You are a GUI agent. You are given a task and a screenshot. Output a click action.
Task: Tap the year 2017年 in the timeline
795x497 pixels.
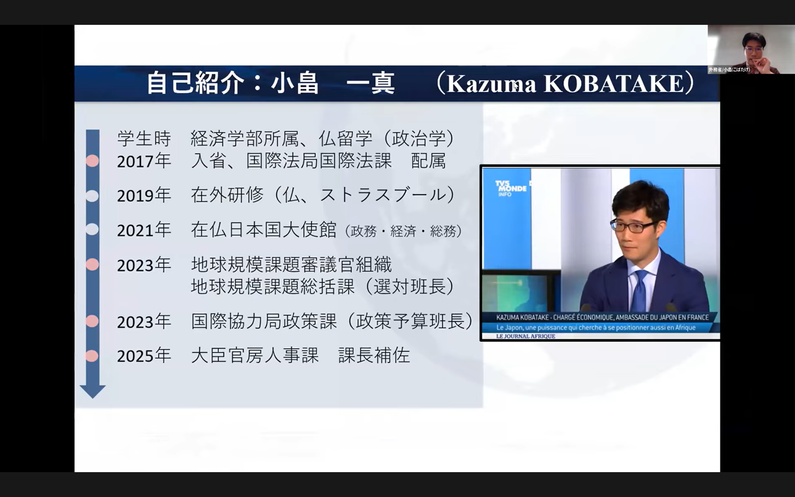(x=144, y=161)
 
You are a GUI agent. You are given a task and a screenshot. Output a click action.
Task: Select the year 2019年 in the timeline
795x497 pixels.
(x=144, y=195)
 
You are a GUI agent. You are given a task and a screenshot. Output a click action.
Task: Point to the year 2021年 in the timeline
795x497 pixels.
(x=144, y=230)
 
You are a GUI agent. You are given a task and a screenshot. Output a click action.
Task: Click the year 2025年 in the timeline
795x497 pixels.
(x=144, y=356)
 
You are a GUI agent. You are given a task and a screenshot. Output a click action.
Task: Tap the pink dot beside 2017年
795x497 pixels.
(x=92, y=161)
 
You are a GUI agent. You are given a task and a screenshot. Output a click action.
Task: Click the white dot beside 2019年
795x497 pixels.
(x=92, y=195)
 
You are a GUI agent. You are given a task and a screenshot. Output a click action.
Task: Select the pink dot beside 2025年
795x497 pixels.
(x=92, y=356)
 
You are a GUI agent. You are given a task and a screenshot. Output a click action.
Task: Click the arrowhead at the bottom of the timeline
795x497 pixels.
(x=92, y=391)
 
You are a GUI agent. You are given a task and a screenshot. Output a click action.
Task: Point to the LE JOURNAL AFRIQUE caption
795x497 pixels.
(x=525, y=336)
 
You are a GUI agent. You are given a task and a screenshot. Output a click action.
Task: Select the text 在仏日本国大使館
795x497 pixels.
(x=264, y=230)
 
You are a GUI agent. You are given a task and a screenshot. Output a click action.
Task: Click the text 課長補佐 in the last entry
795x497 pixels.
(x=374, y=355)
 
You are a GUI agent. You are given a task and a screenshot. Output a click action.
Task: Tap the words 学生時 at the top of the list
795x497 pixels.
(x=144, y=138)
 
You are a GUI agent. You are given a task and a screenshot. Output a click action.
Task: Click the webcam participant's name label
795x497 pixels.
(x=729, y=70)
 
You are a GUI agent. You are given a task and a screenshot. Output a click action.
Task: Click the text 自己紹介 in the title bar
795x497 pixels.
(x=195, y=83)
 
